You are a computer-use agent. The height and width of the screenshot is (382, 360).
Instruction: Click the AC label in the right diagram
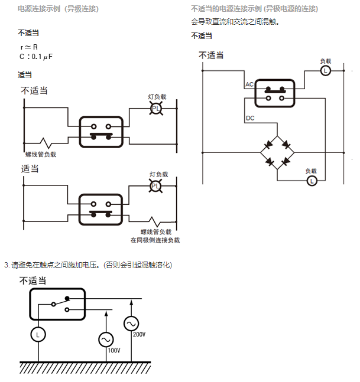coord(249,85)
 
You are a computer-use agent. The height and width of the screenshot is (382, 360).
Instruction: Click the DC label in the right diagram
coord(250,119)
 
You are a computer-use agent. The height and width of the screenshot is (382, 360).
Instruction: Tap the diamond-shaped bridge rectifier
coord(278,152)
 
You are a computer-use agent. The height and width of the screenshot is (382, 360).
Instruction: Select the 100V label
coord(113,350)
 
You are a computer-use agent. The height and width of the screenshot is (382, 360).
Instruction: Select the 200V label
coord(139,334)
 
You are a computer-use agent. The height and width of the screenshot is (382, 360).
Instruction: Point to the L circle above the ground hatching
coord(38,335)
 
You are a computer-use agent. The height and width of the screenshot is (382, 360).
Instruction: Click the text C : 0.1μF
coord(40,56)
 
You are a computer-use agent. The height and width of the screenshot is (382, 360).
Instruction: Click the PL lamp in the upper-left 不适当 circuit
coord(155,109)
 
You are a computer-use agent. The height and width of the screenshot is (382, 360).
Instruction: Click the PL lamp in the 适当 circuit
coord(155,186)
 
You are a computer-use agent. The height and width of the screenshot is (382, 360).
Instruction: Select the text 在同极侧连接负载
coord(155,240)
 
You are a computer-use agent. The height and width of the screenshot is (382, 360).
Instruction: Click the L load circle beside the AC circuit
coord(325,71)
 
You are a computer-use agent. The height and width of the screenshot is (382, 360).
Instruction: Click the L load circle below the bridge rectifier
coord(312,181)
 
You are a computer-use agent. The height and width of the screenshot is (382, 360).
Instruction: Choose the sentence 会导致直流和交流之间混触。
coord(235,22)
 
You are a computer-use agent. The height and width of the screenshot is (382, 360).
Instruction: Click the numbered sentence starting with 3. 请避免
coord(88,265)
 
